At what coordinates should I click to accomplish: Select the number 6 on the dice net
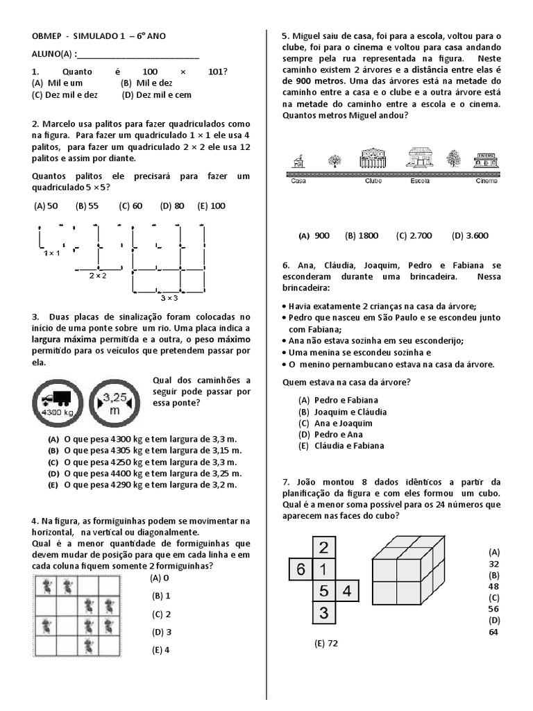point(301,570)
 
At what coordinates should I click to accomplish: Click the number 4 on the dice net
point(347,592)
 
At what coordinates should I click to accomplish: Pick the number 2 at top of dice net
point(323,548)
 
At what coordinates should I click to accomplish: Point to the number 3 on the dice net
point(323,614)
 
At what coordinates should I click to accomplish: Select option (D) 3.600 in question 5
point(471,235)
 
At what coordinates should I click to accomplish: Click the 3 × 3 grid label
point(169,297)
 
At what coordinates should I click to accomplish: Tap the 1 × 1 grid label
point(52,253)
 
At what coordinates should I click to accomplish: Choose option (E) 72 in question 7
point(325,644)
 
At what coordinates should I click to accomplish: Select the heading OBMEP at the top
point(47,36)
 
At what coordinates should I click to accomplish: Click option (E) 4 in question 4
point(162,651)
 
